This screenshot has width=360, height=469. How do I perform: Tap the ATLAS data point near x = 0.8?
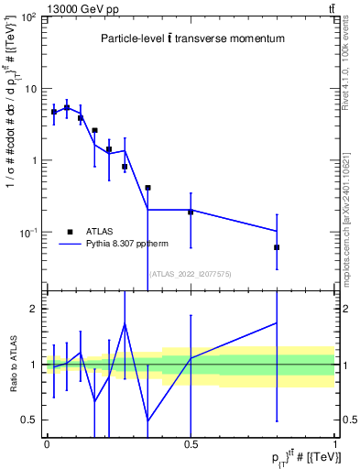coord(277,247)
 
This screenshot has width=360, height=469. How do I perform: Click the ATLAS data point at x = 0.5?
coord(191,212)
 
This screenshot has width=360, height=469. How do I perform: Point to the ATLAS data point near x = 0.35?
coord(147,187)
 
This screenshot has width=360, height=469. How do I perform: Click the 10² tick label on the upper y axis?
coord(28,18)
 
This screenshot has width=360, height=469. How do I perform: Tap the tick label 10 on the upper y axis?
coord(30,90)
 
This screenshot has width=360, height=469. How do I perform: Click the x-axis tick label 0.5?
coord(191,443)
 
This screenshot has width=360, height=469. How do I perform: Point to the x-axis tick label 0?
coord(46,443)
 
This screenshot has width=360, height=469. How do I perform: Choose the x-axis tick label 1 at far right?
coord(335,443)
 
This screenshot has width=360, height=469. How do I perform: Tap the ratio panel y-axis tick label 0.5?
coord(32,420)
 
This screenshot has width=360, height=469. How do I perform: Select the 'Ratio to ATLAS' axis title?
coord(11,365)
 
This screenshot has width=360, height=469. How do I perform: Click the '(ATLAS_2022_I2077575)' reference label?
coord(191,274)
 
